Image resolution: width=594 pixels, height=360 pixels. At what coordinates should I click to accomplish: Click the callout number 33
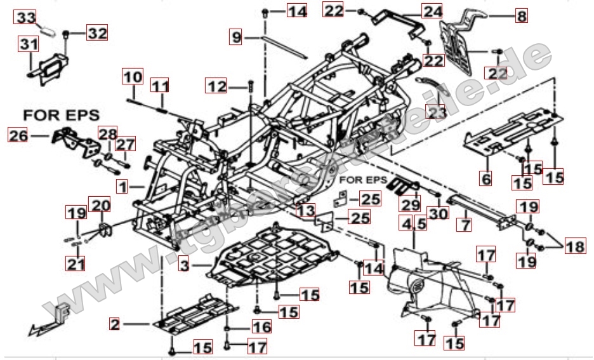pos(26,18)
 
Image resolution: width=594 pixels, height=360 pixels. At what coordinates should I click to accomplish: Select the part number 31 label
pos(28,44)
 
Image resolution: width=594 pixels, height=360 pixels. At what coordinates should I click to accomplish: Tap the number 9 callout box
pos(236,37)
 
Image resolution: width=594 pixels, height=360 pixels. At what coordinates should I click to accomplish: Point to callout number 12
pos(217,85)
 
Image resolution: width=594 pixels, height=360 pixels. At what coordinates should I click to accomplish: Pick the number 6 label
pos(485,180)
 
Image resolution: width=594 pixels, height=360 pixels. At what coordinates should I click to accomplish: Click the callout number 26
pos(18,135)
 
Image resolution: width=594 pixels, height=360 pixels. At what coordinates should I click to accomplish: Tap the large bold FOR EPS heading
pos(62,116)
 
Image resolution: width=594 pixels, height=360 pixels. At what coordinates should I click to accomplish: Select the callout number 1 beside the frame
pos(122,186)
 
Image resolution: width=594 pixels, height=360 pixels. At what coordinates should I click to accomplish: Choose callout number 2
pos(114,324)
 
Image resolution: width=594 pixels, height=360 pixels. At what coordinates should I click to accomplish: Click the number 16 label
pos(261,327)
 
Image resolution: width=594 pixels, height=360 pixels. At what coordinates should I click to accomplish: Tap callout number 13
pos(305,210)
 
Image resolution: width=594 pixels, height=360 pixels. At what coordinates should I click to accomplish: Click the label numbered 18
pos(576,246)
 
